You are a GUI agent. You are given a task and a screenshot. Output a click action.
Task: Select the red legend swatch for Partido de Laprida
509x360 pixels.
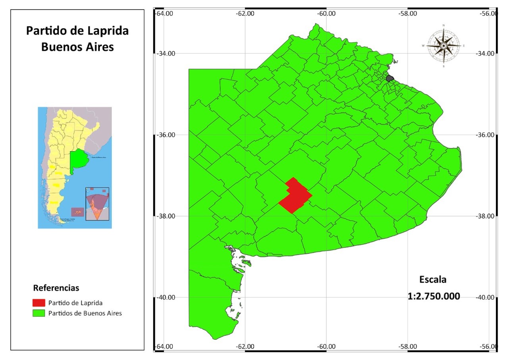tap(39, 303)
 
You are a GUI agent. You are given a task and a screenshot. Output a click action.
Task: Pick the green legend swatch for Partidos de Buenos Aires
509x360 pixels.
tap(39, 313)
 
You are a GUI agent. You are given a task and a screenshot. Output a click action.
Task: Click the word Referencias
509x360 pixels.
tap(56, 288)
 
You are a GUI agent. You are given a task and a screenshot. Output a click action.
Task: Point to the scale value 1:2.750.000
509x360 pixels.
tap(434, 296)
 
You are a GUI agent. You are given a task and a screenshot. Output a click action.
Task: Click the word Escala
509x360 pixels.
tap(433, 279)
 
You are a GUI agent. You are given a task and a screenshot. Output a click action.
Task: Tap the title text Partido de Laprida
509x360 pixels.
tap(77, 31)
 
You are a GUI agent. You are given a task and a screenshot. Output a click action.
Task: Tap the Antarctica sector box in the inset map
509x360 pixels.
tap(97, 204)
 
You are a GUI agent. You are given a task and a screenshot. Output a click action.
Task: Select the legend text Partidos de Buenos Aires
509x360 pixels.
tap(85, 313)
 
